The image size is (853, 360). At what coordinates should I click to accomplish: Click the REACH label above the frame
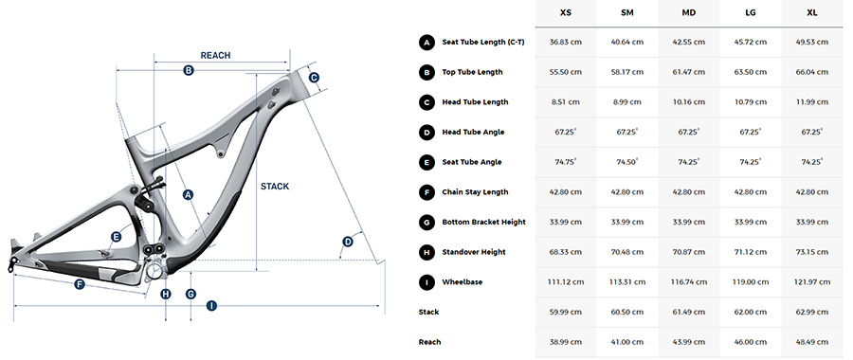(215, 56)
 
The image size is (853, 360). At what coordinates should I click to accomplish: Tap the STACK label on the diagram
(275, 187)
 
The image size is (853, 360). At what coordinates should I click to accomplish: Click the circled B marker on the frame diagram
(189, 70)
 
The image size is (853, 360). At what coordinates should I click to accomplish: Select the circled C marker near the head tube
(314, 78)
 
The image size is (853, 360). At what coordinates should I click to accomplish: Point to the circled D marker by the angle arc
(347, 242)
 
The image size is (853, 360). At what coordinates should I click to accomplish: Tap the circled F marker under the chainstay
(80, 284)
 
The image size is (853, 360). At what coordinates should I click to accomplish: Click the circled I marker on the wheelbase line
(211, 306)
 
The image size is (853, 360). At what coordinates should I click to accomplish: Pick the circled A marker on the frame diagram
(189, 194)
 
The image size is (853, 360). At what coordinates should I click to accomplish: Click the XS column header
(566, 12)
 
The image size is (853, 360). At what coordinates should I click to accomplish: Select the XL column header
(812, 12)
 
